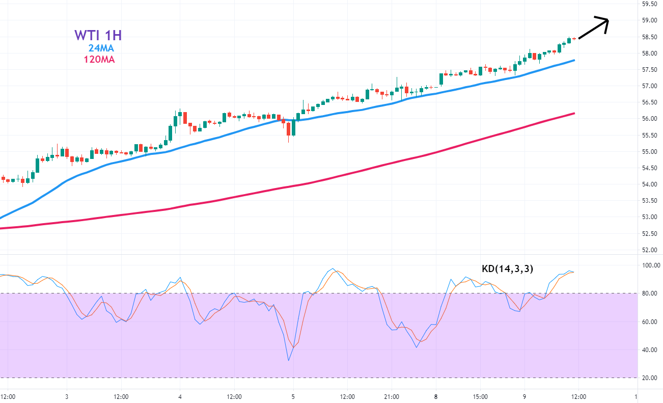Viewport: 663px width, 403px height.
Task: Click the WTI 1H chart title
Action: (x=98, y=35)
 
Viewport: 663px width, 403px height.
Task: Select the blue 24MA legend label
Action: (x=101, y=48)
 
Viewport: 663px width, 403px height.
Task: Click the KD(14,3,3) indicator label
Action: (x=507, y=269)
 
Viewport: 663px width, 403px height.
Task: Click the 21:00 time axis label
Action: (x=392, y=396)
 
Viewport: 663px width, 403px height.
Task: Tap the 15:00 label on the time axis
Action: (x=480, y=396)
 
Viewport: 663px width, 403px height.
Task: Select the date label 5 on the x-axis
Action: (x=293, y=396)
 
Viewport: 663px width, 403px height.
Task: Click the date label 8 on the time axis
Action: (x=435, y=396)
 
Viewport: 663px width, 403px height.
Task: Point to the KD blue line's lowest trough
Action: (x=289, y=361)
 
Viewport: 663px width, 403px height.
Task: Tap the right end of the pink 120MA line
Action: (x=574, y=113)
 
